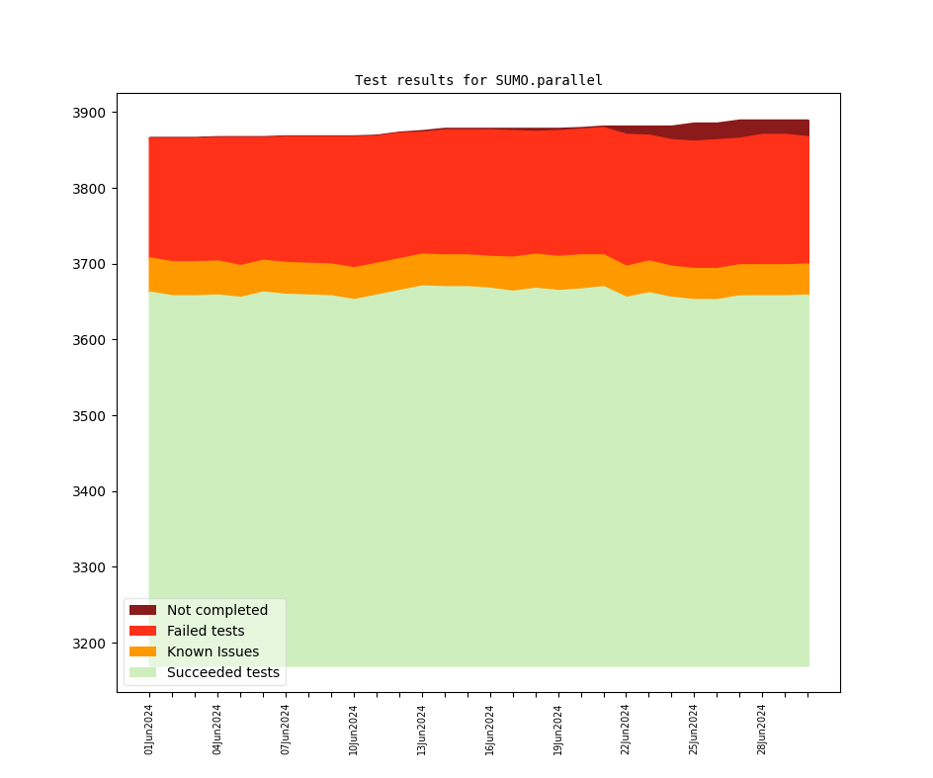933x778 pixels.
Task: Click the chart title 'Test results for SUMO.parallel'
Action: [x=478, y=80]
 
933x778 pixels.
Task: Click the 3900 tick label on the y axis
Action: [x=91, y=113]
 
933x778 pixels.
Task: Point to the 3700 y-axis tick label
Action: [x=91, y=265]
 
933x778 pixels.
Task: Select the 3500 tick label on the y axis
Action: [x=91, y=416]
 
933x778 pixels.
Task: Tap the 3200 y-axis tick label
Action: [x=91, y=644]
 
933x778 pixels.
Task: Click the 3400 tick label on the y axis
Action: [x=91, y=492]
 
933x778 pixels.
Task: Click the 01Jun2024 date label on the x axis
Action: [x=149, y=730]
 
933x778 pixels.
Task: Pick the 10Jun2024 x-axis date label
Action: [x=354, y=730]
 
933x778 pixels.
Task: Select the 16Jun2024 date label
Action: [x=490, y=730]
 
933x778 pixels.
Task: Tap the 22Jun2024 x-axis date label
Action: [x=626, y=730]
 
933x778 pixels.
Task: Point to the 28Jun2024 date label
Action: [x=762, y=730]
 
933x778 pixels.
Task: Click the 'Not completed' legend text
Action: [x=217, y=611]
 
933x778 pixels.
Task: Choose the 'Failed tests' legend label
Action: [x=206, y=632]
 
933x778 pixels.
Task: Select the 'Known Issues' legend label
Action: [x=212, y=652]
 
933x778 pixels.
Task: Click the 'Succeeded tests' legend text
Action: [x=223, y=673]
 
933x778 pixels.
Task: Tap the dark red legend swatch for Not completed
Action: [x=142, y=611]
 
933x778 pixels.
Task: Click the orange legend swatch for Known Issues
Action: [x=142, y=652]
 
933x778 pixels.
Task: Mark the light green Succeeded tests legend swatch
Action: [x=142, y=673]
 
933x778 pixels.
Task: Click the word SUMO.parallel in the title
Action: [x=549, y=80]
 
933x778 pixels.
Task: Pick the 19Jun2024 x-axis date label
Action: [x=558, y=730]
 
